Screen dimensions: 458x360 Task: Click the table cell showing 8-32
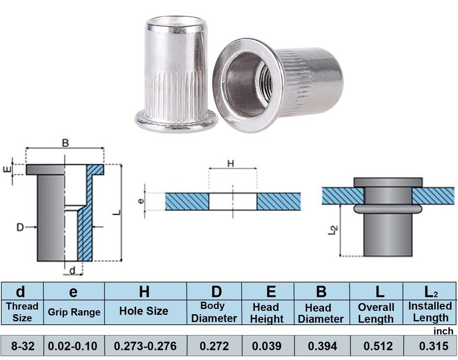[22, 346]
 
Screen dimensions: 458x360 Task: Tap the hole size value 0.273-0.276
[145, 346]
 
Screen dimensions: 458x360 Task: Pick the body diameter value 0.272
[214, 346]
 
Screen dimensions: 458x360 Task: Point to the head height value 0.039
[267, 346]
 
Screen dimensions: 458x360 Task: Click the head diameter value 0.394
[323, 346]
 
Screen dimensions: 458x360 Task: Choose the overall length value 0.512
[378, 346]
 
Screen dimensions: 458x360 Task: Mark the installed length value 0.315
[434, 346]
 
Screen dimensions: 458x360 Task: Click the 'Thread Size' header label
[22, 312]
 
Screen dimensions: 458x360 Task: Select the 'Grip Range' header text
[74, 312]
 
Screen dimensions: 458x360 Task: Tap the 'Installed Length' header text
[430, 312]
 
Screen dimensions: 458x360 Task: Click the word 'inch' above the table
[443, 331]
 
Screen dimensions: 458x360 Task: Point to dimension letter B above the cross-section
[65, 143]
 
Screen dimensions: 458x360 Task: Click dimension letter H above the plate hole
[231, 164]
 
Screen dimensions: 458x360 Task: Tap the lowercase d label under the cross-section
[72, 271]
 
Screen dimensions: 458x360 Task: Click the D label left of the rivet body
[20, 227]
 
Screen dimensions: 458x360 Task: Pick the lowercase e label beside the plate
[141, 201]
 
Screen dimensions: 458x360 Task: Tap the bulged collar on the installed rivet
[388, 208]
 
